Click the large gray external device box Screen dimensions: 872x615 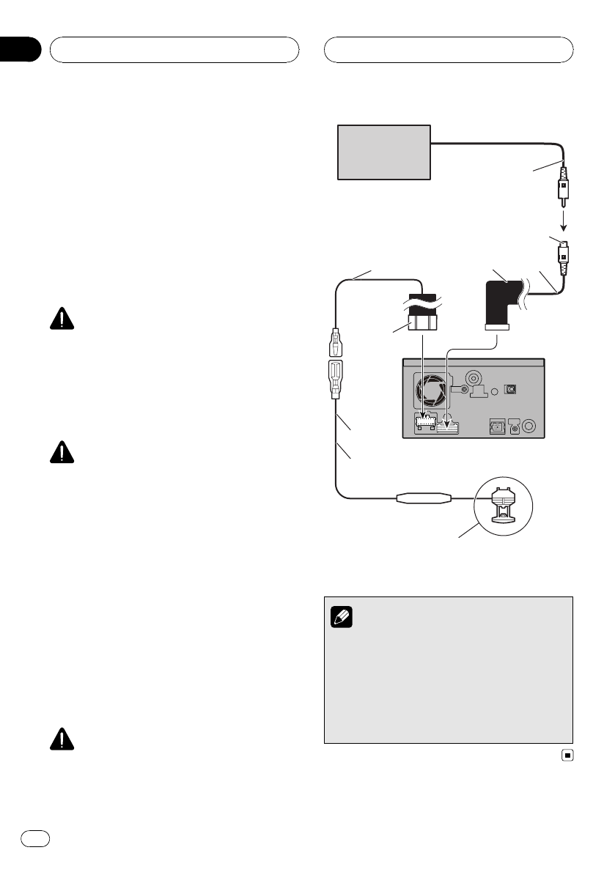(383, 152)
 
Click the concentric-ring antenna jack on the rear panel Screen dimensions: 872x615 (474, 378)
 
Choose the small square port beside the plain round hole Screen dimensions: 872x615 (512, 388)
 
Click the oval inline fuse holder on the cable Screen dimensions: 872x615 (420, 499)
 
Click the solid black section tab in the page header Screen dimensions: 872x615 (19, 50)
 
